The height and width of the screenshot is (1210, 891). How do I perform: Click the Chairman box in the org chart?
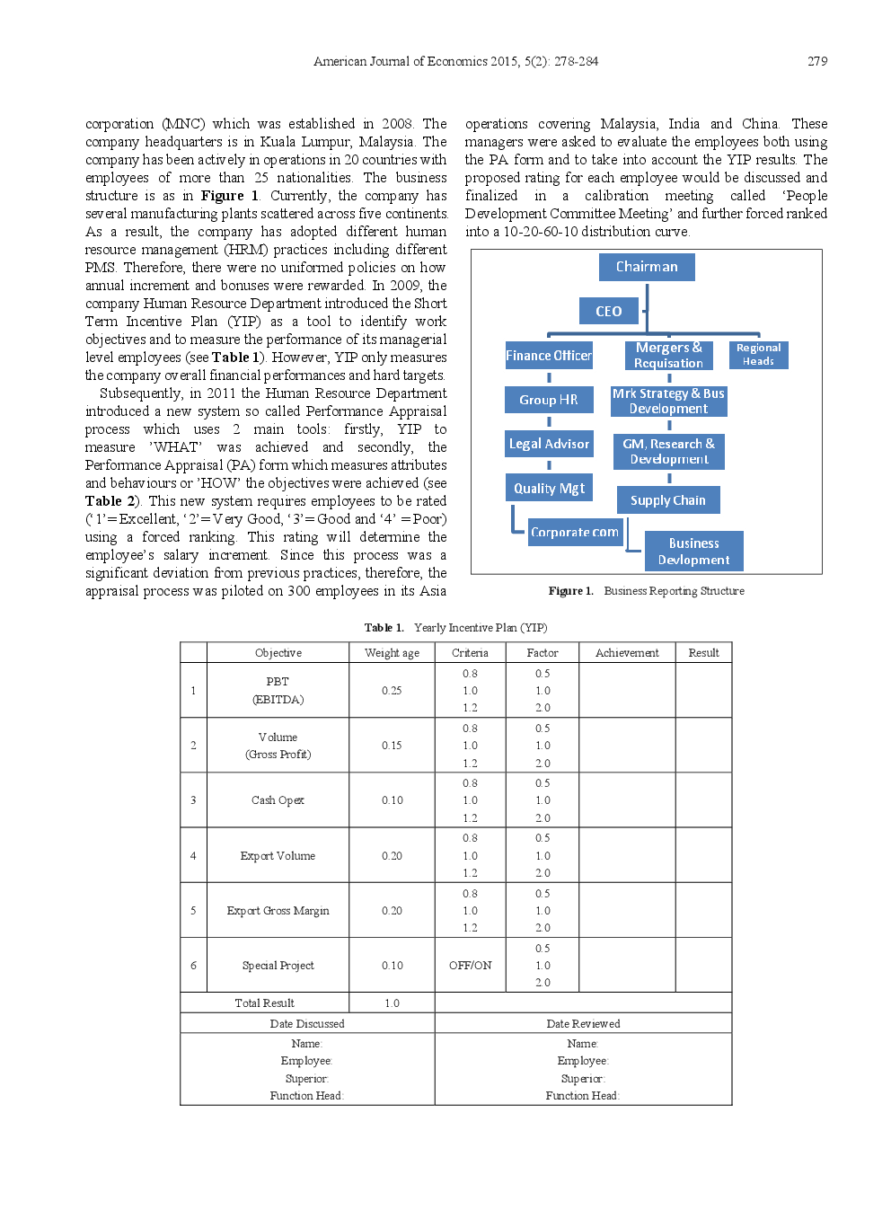click(647, 267)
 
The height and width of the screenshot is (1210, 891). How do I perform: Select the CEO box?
click(609, 311)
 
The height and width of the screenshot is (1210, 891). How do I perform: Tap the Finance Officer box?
click(549, 356)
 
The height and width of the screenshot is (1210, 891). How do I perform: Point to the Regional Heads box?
click(759, 354)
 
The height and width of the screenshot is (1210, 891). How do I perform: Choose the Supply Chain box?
click(668, 500)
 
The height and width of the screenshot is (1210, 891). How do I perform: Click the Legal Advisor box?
click(549, 444)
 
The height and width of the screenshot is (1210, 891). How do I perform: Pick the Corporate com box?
click(575, 532)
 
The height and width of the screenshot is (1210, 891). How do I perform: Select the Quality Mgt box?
click(549, 488)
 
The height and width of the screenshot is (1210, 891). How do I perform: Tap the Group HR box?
click(549, 400)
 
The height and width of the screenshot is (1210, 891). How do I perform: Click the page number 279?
click(817, 61)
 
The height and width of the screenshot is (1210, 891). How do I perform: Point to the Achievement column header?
click(627, 653)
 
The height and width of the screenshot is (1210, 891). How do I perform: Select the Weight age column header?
click(392, 653)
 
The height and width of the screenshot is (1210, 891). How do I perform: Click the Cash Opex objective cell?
click(278, 800)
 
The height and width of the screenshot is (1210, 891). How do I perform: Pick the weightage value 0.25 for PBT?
click(392, 691)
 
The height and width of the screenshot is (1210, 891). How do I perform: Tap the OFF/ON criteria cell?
click(470, 966)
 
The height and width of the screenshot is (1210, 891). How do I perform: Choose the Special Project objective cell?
click(278, 966)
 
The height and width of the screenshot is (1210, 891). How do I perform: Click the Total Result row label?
click(264, 1003)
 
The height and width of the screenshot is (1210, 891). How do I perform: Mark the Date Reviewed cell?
click(583, 1024)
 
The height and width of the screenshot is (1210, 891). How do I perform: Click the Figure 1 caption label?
click(571, 591)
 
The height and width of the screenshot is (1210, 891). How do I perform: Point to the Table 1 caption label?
click(384, 628)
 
